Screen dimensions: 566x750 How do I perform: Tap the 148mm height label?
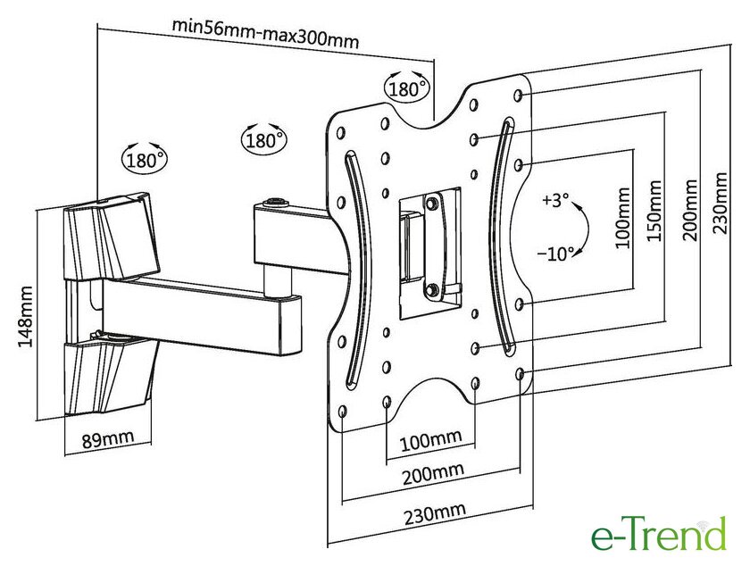(27, 316)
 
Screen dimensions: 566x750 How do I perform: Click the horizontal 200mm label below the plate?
(432, 471)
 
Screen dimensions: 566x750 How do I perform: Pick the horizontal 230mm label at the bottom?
(434, 511)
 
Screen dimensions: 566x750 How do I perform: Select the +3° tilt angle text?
(554, 201)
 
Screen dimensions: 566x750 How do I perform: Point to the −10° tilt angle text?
(556, 254)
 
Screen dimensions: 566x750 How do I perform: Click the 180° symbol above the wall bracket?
(146, 160)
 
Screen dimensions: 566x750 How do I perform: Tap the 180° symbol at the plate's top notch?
(407, 87)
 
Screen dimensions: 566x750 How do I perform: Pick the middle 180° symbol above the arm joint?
(263, 139)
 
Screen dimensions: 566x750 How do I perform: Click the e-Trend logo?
(659, 535)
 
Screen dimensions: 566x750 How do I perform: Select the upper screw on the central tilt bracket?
(432, 204)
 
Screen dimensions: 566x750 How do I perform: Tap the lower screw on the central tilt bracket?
(432, 288)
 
